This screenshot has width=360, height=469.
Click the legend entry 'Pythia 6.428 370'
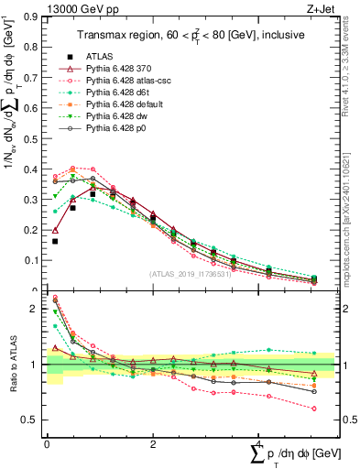(119, 68)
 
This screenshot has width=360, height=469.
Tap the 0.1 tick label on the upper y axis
(34, 260)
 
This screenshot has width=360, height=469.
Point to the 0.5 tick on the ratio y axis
(34, 420)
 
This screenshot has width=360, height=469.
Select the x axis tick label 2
(152, 444)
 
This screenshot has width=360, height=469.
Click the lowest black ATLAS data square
(55, 242)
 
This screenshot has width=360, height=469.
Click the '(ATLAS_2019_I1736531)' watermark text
(191, 274)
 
